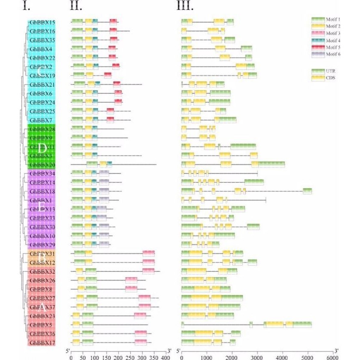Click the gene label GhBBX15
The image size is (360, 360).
click(x=42, y=22)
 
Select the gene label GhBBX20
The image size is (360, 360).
click(x=42, y=165)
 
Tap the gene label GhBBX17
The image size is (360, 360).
click(x=42, y=342)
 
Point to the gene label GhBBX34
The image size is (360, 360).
click(x=42, y=174)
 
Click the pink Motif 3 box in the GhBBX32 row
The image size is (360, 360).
click(x=148, y=271)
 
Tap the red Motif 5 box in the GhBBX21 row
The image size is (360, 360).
click(x=116, y=85)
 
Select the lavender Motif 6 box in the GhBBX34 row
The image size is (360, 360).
click(x=104, y=174)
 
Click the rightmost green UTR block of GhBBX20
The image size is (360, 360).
click(x=272, y=165)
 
